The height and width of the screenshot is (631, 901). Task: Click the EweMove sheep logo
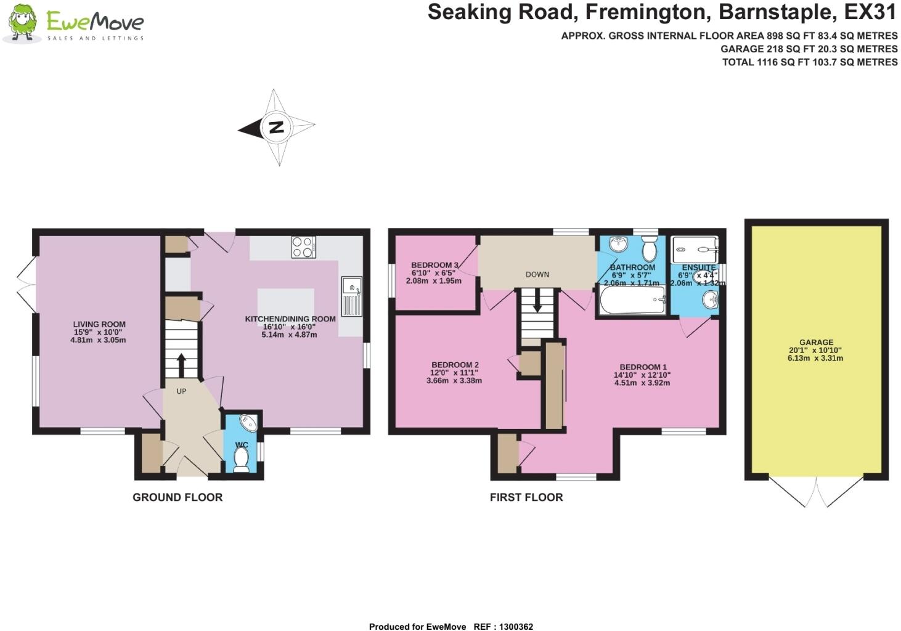pyautogui.click(x=22, y=23)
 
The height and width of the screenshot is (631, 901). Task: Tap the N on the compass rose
pyautogui.click(x=277, y=128)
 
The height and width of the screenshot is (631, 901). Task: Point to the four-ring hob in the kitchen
pyautogui.click(x=303, y=247)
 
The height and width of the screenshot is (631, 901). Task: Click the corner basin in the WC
pyautogui.click(x=250, y=423)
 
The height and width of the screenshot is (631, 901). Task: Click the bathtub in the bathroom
pyautogui.click(x=632, y=300)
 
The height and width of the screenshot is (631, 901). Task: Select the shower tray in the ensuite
pyautogui.click(x=695, y=250)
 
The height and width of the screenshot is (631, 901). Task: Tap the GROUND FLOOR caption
pyautogui.click(x=177, y=497)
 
